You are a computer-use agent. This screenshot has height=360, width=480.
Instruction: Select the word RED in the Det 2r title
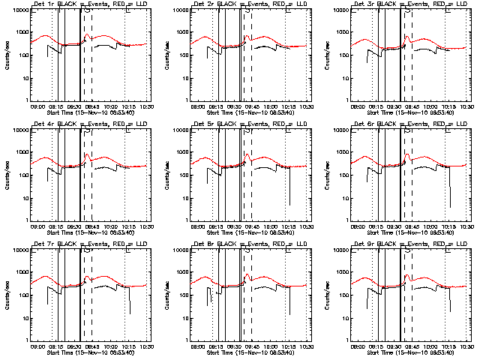pos(262,5)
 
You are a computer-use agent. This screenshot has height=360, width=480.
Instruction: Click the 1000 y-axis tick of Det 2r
pos(182,33)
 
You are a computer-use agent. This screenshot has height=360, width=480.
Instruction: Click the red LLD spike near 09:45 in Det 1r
pos(87,34)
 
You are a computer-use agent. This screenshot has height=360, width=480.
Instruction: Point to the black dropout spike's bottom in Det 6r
pos(450,207)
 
